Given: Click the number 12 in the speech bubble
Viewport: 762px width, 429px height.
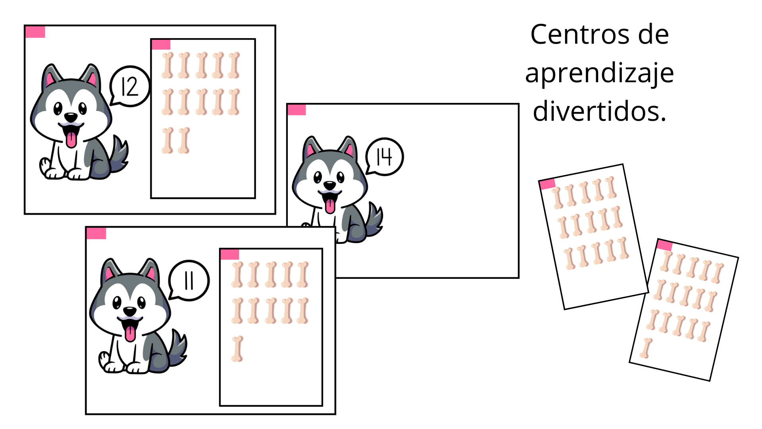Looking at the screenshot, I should (x=130, y=87).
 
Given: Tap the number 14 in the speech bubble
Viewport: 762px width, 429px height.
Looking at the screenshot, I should (x=384, y=157).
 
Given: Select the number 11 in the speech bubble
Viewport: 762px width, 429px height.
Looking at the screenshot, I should (x=189, y=281).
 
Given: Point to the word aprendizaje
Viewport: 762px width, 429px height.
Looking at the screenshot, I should (x=599, y=73).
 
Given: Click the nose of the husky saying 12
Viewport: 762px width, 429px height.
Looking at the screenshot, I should (x=71, y=117).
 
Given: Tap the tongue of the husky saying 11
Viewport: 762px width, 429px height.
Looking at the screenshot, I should (x=130, y=333).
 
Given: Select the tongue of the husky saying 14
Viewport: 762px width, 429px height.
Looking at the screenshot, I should (x=330, y=206).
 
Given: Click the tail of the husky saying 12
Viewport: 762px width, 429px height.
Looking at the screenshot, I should (x=119, y=155).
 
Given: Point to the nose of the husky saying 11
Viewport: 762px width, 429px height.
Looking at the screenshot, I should (x=130, y=311).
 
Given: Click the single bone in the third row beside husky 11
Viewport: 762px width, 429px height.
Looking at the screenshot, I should (x=237, y=349).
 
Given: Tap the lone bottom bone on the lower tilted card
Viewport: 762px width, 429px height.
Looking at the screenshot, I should (x=647, y=348).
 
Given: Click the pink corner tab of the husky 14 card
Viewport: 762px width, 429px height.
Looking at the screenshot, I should (x=296, y=110).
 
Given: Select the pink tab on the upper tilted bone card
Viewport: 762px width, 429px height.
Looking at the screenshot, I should (x=547, y=184).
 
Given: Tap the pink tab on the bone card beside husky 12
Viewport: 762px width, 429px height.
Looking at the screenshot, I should (x=161, y=44).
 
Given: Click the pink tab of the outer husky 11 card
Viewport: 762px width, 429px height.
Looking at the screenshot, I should (x=96, y=234).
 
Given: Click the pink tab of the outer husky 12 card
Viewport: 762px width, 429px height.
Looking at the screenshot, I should (x=35, y=32).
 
